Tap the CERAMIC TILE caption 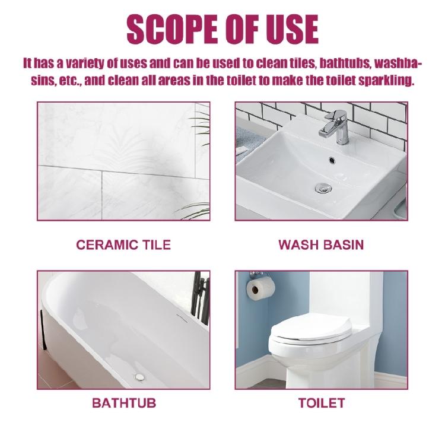point(123,244)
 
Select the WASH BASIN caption point(321,244)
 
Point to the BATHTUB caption point(123,403)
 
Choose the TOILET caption point(321,403)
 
